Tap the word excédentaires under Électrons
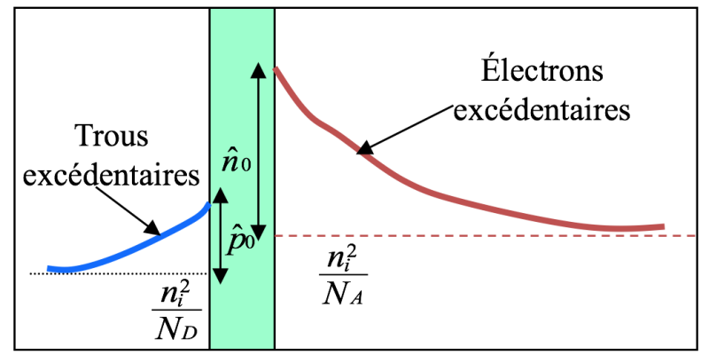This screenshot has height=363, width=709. [541, 112]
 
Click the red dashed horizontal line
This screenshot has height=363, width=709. [532, 235]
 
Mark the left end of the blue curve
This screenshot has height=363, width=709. [50, 267]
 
